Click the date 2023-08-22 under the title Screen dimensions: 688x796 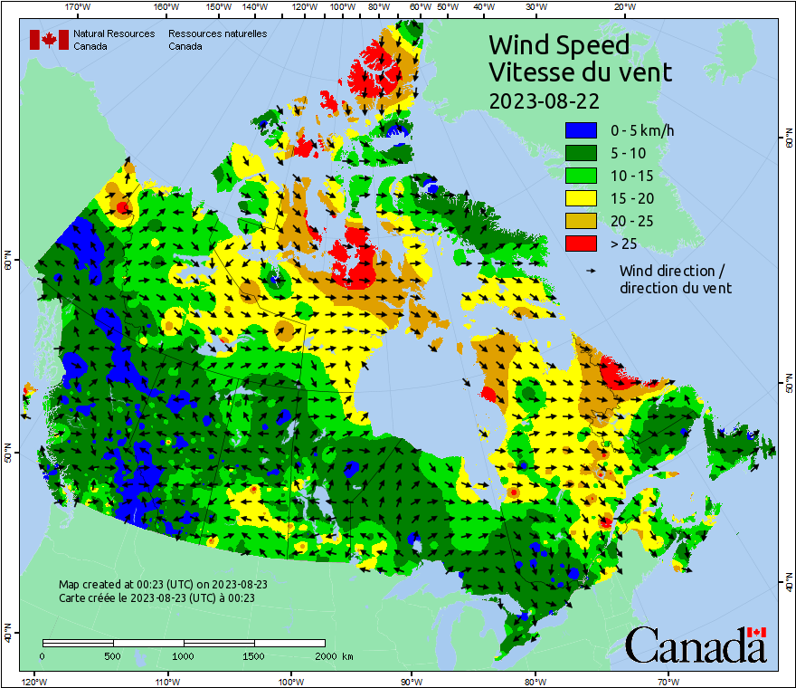[544, 100]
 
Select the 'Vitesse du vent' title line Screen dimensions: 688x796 [580, 72]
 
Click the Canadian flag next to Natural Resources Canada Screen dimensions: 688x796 [49, 40]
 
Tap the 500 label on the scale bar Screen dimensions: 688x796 [112, 655]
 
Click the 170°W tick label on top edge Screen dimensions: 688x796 [79, 7]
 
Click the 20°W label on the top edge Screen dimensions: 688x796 [622, 7]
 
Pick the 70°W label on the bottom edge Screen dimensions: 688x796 [668, 681]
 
